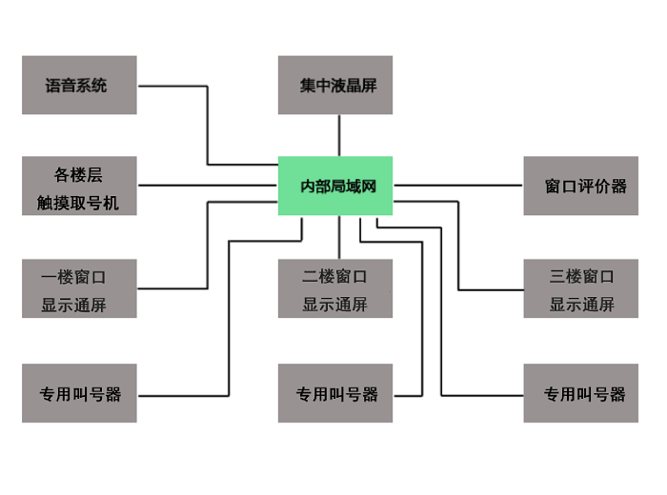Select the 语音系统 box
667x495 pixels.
point(79,86)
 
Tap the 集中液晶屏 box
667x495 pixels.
point(335,86)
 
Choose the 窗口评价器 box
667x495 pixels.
point(580,186)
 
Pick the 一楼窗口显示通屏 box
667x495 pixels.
point(79,289)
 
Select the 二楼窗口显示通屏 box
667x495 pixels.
point(335,289)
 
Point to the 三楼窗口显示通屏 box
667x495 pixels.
point(580,289)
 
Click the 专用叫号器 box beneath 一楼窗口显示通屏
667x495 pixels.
point(79,393)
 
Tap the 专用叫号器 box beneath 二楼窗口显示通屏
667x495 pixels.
point(335,393)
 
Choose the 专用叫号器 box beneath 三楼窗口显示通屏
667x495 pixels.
point(580,393)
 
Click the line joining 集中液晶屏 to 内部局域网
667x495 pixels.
point(339,135)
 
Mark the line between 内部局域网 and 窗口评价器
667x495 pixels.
point(457,185)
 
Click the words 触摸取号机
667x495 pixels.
point(79,203)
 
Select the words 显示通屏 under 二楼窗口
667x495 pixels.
point(334,306)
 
